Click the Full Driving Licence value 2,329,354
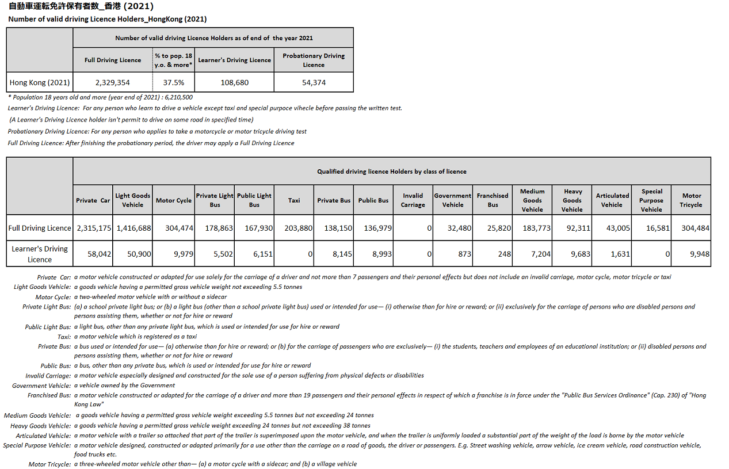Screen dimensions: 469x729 click(x=113, y=82)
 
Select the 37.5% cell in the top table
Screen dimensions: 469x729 click(x=173, y=82)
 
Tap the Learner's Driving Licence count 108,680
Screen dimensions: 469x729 click(x=234, y=82)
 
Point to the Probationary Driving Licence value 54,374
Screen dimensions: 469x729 click(x=314, y=82)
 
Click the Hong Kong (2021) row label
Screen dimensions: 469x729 click(x=40, y=82)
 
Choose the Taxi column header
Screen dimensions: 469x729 click(x=294, y=200)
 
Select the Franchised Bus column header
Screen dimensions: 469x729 click(x=493, y=200)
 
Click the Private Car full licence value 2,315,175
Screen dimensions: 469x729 click(x=94, y=228)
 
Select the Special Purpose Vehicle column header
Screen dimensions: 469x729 click(x=651, y=200)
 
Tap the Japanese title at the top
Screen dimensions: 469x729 click(x=81, y=7)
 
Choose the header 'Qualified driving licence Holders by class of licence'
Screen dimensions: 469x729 click(x=391, y=171)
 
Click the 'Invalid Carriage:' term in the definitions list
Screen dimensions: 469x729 click(x=48, y=376)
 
